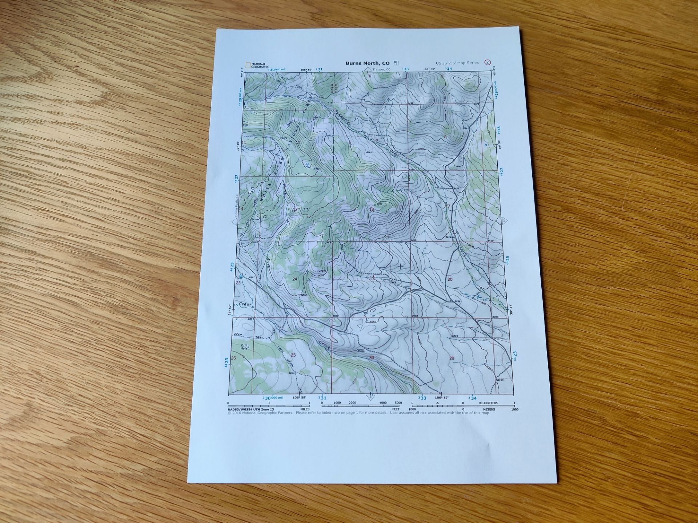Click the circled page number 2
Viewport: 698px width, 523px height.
coord(488,62)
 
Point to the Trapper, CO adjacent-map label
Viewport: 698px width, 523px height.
coord(381,69)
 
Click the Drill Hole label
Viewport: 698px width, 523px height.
coord(244,347)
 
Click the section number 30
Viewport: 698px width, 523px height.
coord(372,358)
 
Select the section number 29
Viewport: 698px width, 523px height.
coord(452,358)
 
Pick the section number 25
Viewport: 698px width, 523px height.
coord(293,355)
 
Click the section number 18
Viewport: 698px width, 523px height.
coord(372,210)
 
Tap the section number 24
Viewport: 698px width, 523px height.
coord(295,279)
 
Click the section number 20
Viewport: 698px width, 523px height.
coord(450,279)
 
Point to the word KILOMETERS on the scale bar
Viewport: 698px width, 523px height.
coord(489,403)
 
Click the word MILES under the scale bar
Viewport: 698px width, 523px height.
coord(305,409)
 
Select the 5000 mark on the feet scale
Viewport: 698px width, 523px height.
coord(398,403)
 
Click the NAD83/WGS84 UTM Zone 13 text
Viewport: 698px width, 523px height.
coord(251,410)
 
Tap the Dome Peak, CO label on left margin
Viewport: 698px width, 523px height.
coord(236,205)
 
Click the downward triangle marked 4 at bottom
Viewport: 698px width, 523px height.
coord(370,397)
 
